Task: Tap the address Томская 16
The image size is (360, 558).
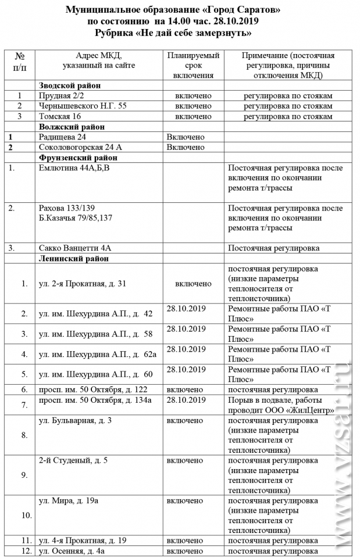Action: (61, 116)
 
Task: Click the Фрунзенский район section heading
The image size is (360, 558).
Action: (78, 158)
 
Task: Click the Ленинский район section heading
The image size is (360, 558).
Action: (74, 257)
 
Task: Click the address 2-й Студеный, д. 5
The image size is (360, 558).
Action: (73, 460)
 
